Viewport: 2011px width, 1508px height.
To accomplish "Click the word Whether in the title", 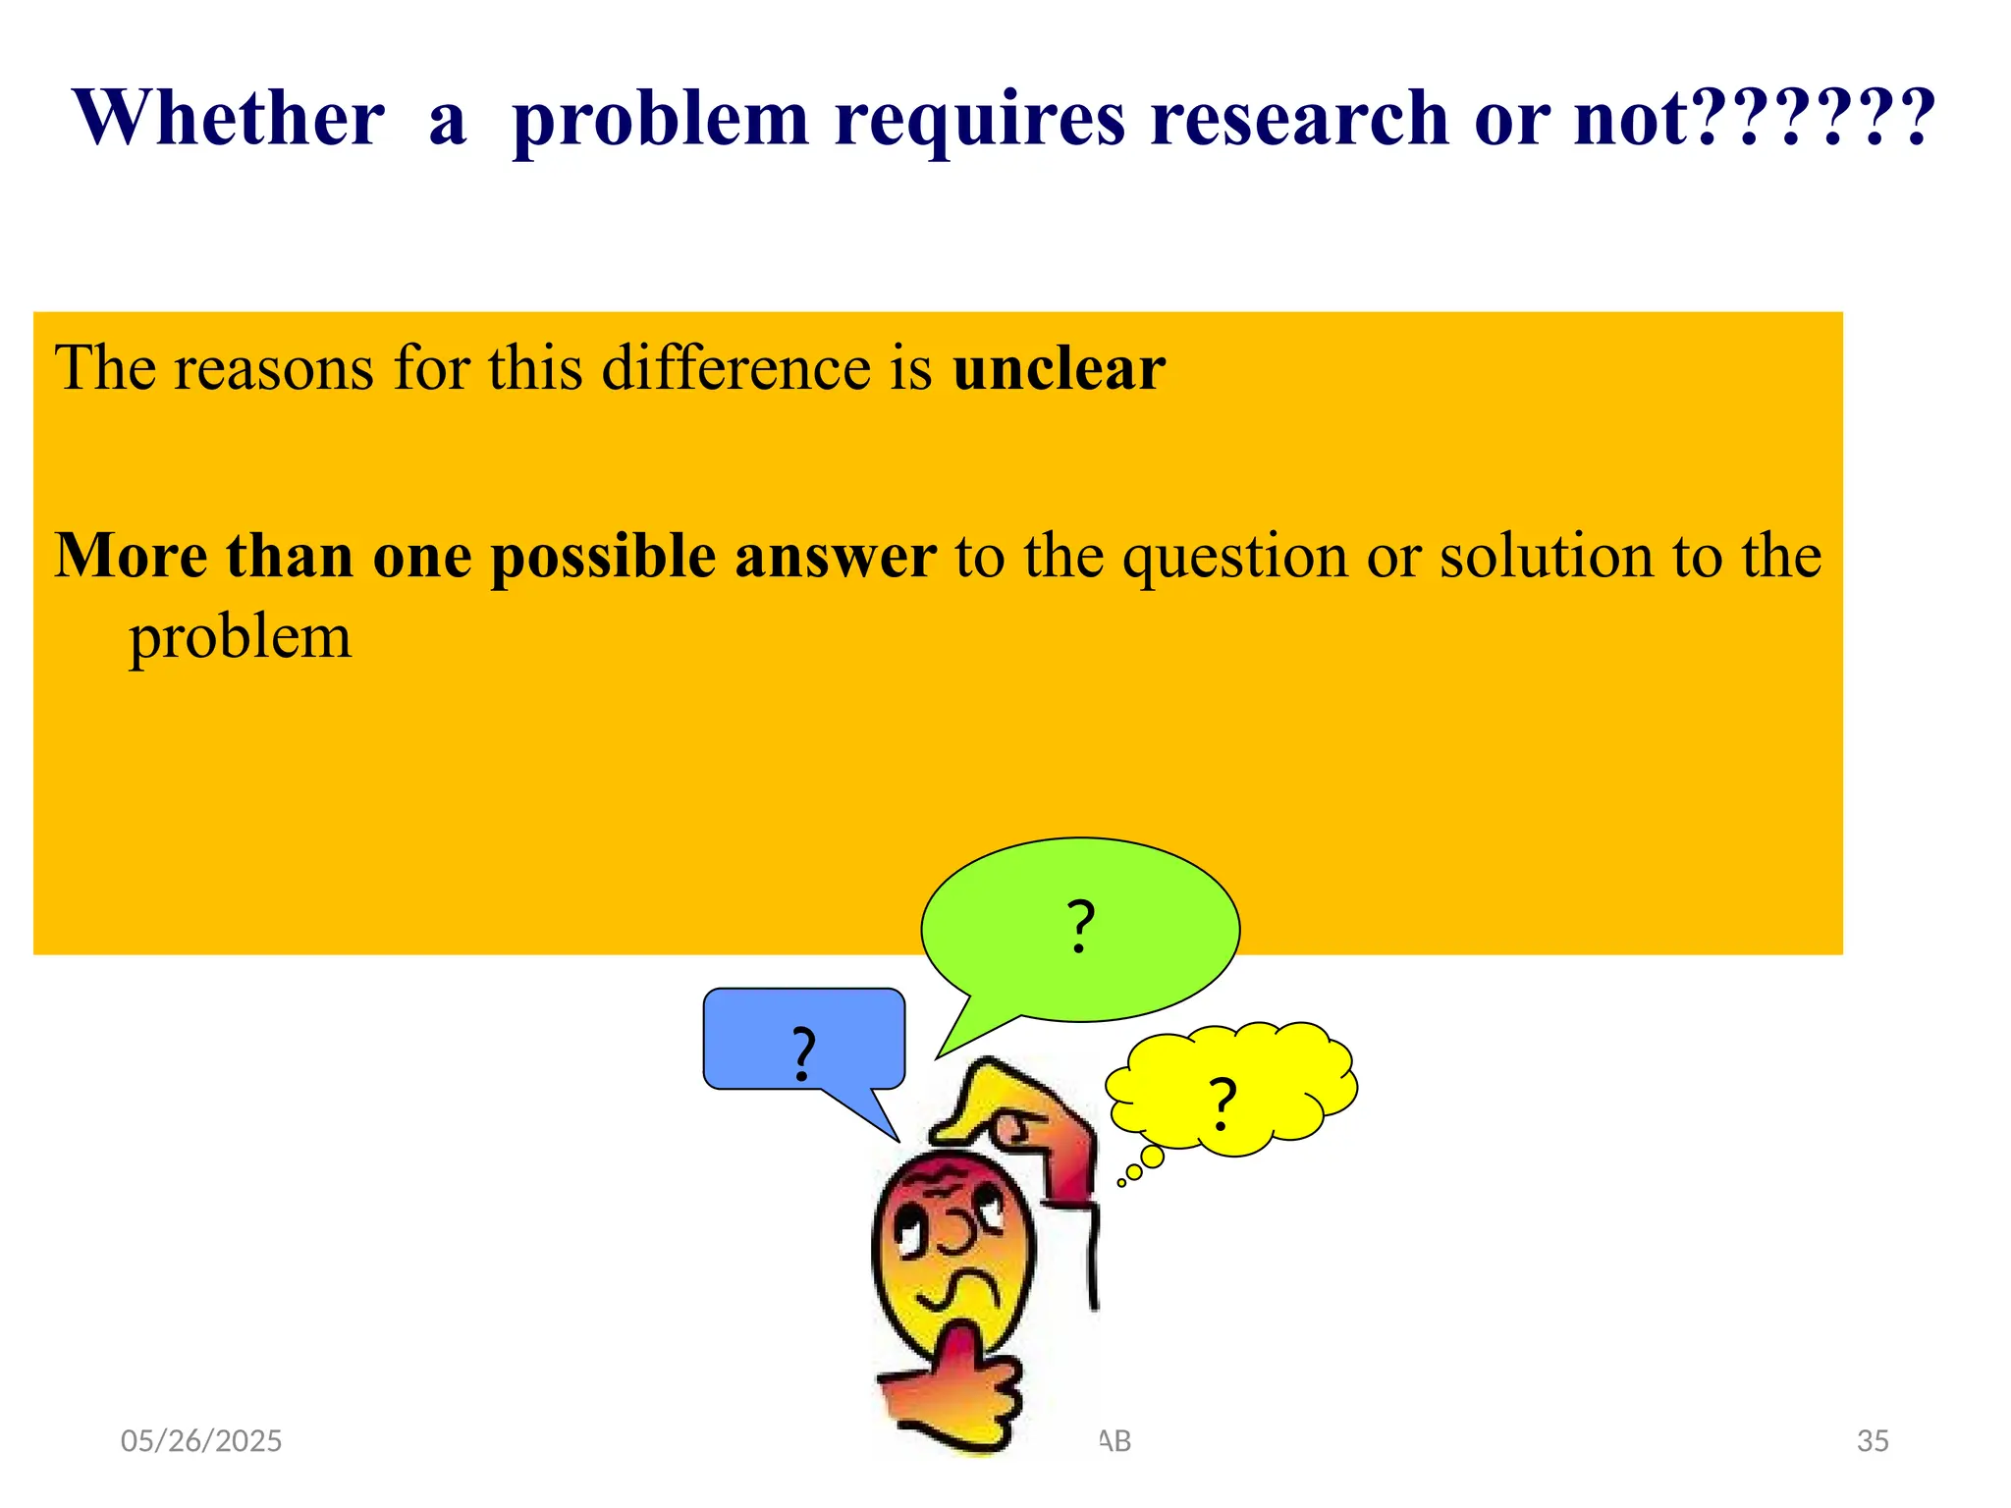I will (228, 118).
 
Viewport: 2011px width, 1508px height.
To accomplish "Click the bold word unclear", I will (1059, 368).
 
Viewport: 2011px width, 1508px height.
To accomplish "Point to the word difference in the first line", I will (735, 368).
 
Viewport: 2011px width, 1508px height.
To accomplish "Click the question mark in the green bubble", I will (1080, 926).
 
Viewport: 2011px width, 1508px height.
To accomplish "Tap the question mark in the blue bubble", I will (803, 1053).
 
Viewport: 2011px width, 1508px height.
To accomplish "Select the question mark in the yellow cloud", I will (1222, 1104).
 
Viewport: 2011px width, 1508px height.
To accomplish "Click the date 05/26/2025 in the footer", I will (201, 1441).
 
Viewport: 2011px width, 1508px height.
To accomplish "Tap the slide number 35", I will (1873, 1441).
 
